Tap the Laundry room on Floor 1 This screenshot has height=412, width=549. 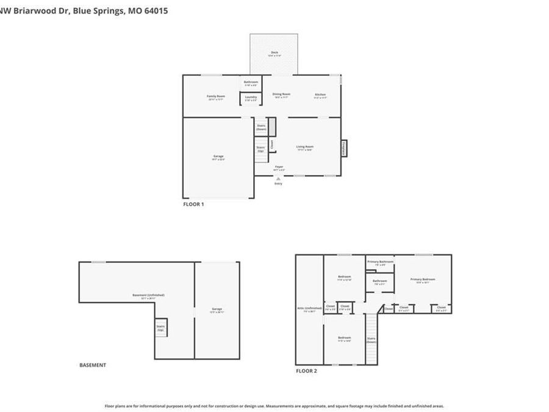(x=251, y=98)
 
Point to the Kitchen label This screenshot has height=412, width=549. (x=320, y=96)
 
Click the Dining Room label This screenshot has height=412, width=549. (x=281, y=95)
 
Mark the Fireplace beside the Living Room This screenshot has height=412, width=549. (x=343, y=148)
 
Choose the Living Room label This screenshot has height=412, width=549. (x=305, y=147)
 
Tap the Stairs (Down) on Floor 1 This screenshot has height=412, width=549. (x=261, y=127)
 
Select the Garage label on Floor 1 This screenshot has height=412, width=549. (x=218, y=157)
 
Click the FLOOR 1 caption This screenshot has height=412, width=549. (x=193, y=204)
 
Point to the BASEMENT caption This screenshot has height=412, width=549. (x=93, y=365)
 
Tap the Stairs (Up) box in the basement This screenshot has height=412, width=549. (x=160, y=327)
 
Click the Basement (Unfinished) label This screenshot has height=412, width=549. (x=148, y=297)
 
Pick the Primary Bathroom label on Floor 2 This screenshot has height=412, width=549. (x=380, y=263)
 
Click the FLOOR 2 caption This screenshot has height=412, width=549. (x=306, y=370)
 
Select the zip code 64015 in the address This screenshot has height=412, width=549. (x=157, y=10)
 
